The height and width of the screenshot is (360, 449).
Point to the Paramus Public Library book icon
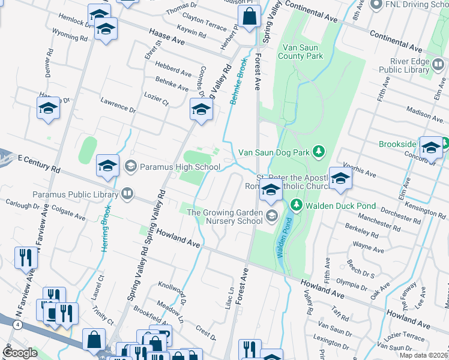pos(127,194)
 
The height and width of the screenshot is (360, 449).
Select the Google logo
pos(20,353)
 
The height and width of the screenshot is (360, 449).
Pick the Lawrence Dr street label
pos(118,107)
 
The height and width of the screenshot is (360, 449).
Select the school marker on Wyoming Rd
pos(106,29)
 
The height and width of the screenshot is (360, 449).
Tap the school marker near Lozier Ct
pos(201,109)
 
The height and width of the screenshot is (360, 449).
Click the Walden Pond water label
pos(284,238)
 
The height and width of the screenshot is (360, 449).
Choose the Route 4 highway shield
pos(19,325)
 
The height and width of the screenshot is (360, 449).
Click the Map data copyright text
pos(424,355)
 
